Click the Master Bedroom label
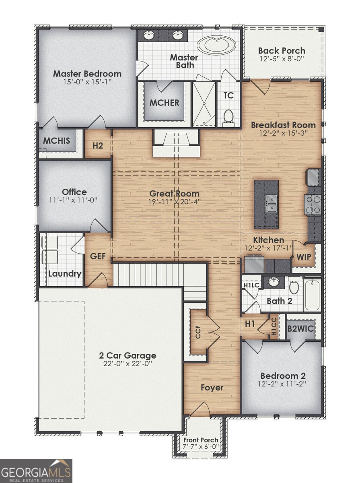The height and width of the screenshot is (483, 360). coord(87,74)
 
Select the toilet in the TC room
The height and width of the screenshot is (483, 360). coord(228,117)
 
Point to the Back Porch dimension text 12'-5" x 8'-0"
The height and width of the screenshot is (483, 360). coord(282,59)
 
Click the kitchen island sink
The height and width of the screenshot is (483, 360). coord(271,204)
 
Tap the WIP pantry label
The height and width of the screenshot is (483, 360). coord(304,257)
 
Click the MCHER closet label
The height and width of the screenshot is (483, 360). coord(164,103)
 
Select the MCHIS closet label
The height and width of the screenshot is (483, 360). coord(57,140)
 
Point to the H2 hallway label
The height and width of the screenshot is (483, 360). coord(98,145)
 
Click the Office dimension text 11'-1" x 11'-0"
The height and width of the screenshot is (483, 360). coord(74,200)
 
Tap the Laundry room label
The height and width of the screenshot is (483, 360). coord(65,274)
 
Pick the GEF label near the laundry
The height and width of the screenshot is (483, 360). coord(98,256)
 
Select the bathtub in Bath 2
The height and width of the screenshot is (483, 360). coord(312,295)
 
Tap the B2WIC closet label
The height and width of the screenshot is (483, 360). coord(300,329)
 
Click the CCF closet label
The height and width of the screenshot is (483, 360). coord(198,332)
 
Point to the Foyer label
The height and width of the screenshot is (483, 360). coord(212,388)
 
